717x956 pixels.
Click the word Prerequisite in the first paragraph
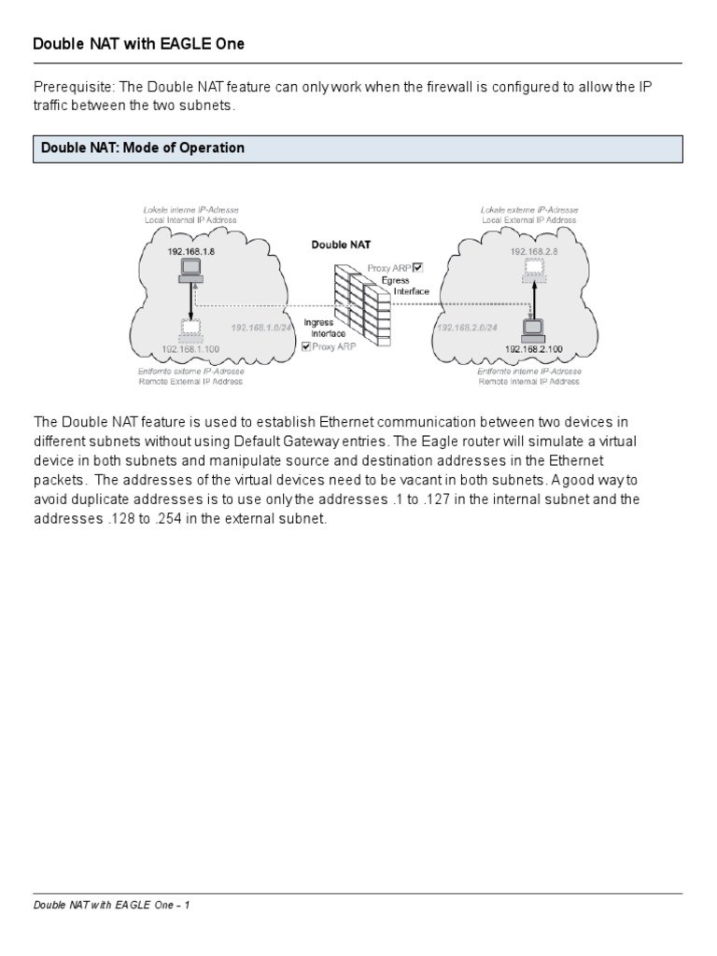coord(68,88)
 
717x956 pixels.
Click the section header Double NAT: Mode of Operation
coord(140,148)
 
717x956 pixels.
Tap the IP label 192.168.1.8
coord(190,252)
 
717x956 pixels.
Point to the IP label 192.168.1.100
coord(190,348)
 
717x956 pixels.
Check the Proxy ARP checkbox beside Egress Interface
coord(417,267)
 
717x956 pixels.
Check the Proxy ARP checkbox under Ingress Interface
coord(306,346)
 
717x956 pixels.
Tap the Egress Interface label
coord(407,285)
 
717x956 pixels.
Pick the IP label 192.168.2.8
coord(533,252)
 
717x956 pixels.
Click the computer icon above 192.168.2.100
coord(534,328)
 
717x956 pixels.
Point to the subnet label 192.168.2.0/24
coord(466,329)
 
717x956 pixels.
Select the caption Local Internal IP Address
coord(190,220)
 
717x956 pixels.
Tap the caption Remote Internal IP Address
coord(528,381)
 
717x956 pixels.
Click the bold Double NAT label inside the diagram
coord(341,245)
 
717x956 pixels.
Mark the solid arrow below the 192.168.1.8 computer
coord(192,301)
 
